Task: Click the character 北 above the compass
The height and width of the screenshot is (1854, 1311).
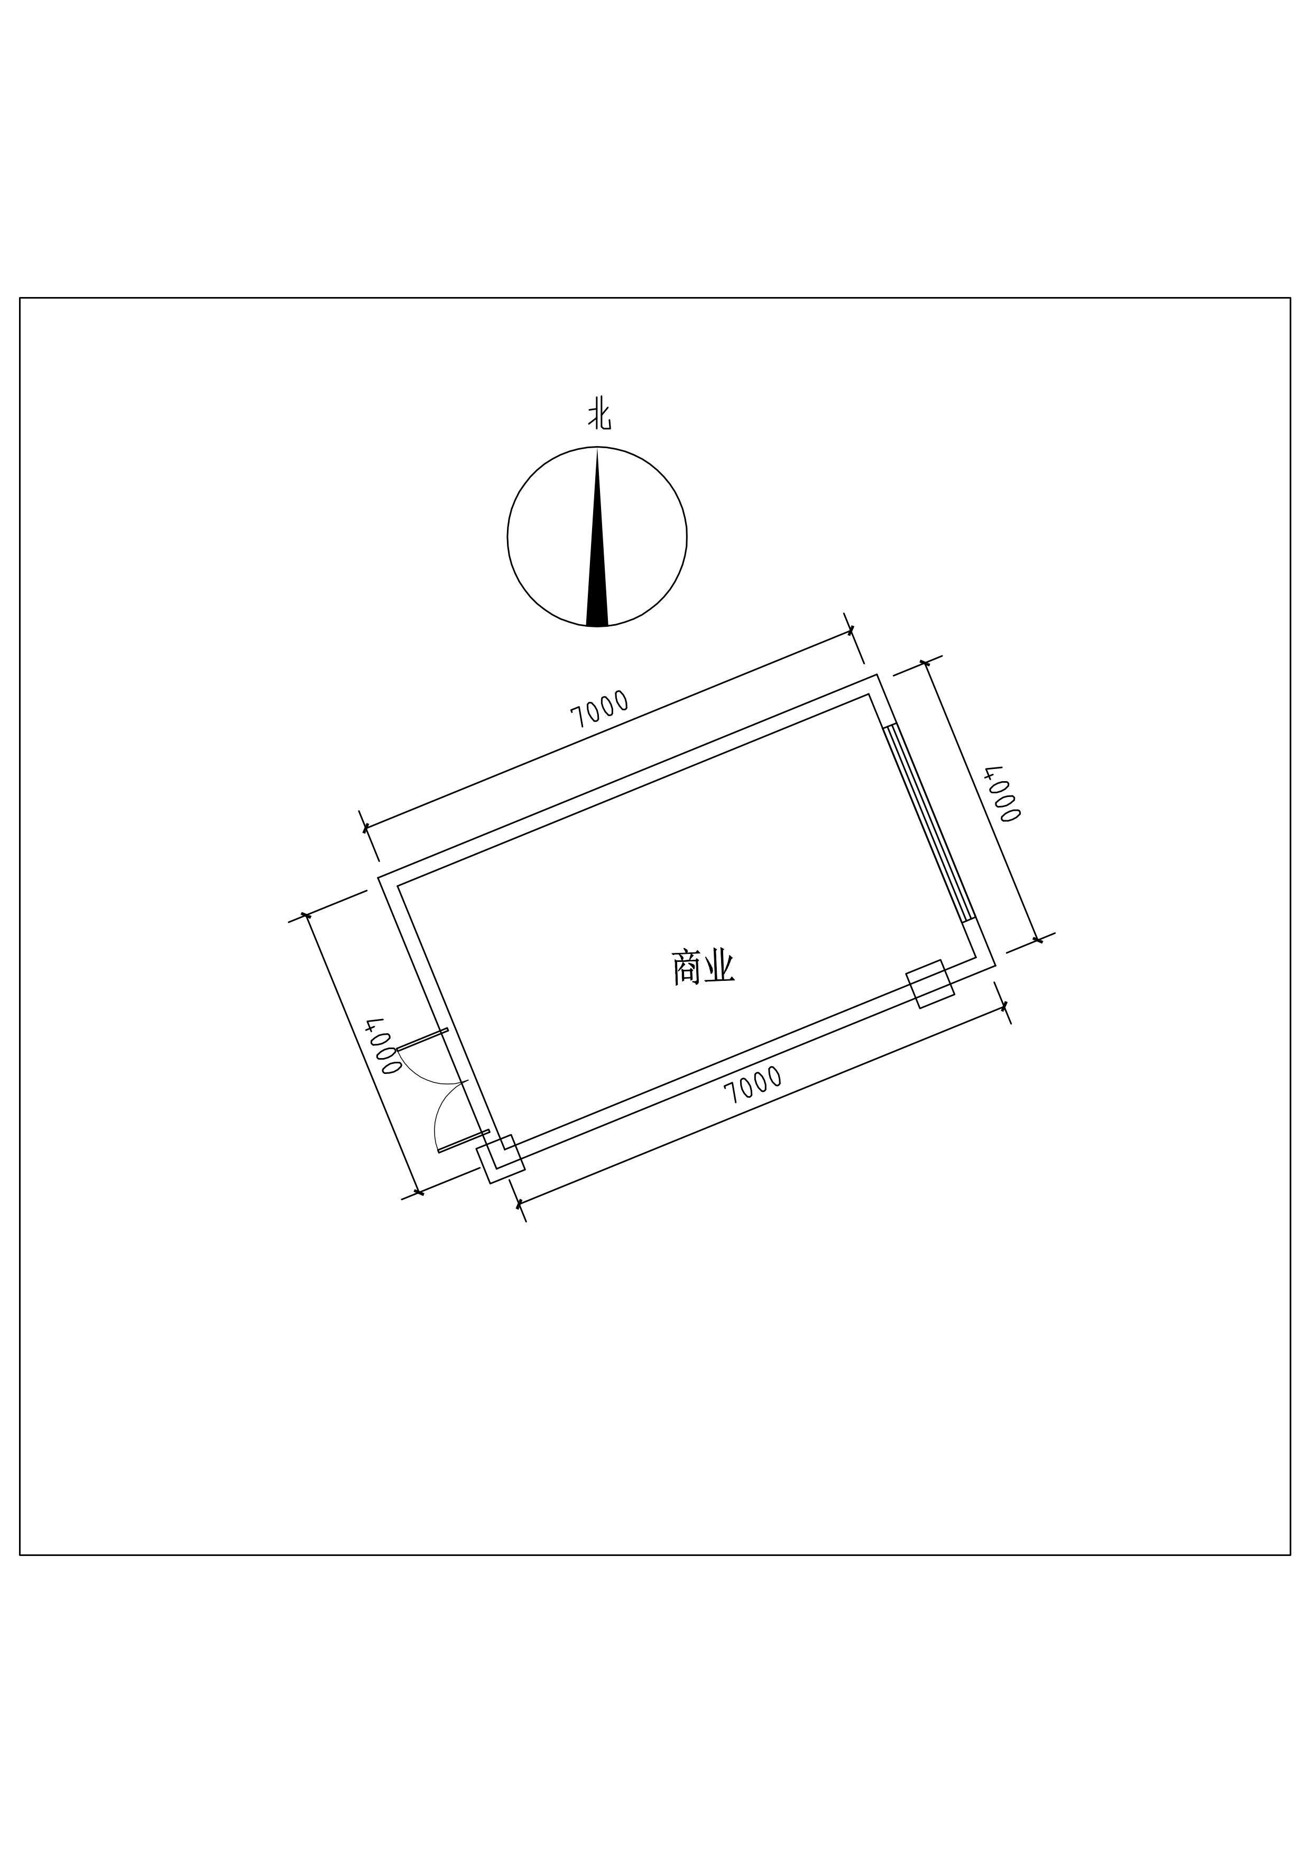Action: (598, 416)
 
